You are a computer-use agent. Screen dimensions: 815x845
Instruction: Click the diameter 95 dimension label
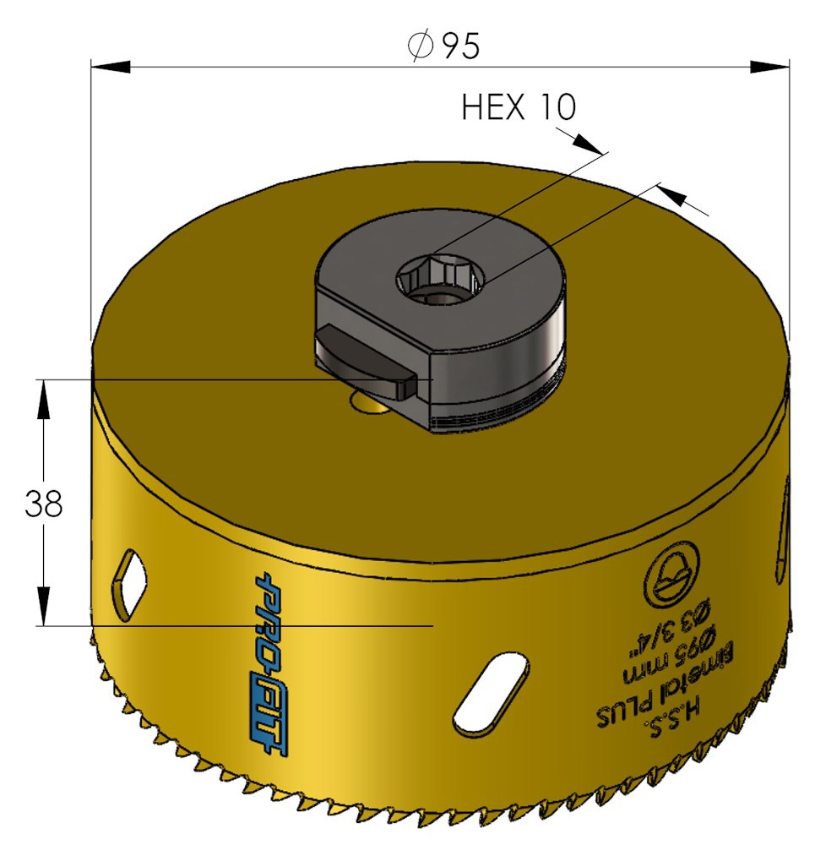(x=443, y=46)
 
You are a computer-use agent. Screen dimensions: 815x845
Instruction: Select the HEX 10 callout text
(x=519, y=106)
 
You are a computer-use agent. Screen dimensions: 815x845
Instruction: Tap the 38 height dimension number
(x=44, y=504)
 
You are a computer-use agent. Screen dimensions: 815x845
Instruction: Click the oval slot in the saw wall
(x=490, y=693)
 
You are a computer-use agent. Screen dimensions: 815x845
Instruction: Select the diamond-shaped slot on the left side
(x=128, y=585)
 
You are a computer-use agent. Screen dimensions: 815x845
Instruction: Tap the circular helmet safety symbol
(x=671, y=575)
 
